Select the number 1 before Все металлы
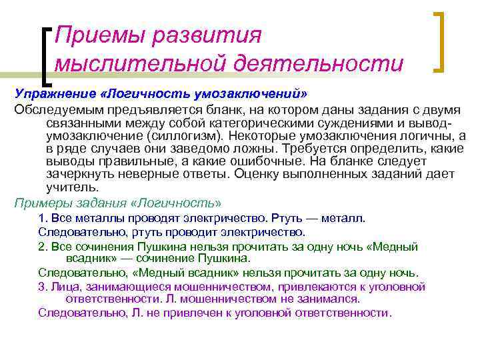click(x=41, y=219)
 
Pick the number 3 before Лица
click(x=41, y=287)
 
